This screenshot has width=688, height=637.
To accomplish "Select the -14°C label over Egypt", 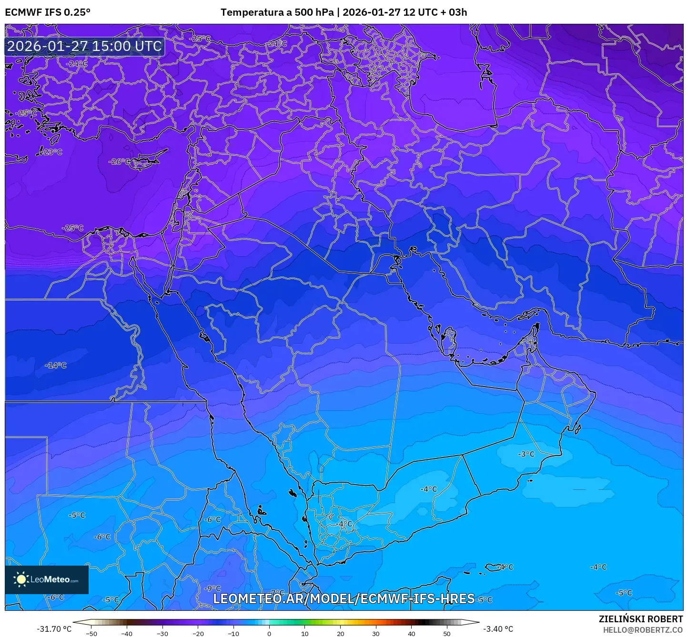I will [x=56, y=366].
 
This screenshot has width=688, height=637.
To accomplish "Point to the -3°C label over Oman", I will [x=526, y=454].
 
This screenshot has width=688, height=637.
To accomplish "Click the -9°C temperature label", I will [x=212, y=589].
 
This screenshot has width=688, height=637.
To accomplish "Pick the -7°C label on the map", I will [x=277, y=593].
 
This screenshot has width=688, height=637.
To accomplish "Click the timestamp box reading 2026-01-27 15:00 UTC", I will [x=84, y=46].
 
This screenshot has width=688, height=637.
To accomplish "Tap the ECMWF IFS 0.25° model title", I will [x=48, y=12].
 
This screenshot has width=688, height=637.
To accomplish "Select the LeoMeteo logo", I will [x=47, y=579].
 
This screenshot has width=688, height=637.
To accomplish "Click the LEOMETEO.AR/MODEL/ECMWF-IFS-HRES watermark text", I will [x=344, y=598].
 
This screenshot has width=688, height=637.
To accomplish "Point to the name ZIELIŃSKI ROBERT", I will [x=641, y=619].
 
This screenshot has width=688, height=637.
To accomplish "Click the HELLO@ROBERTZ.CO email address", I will [x=643, y=630].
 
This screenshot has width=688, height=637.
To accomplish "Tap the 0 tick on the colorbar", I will [x=269, y=633].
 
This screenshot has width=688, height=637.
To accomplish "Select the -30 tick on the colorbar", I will [x=162, y=633].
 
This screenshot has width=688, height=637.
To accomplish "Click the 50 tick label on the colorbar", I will [x=447, y=633].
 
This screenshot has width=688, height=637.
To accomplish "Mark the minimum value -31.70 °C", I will [x=54, y=629].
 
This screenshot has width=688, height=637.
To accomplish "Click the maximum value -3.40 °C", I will [x=498, y=629].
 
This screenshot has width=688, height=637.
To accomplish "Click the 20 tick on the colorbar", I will [x=340, y=633].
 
